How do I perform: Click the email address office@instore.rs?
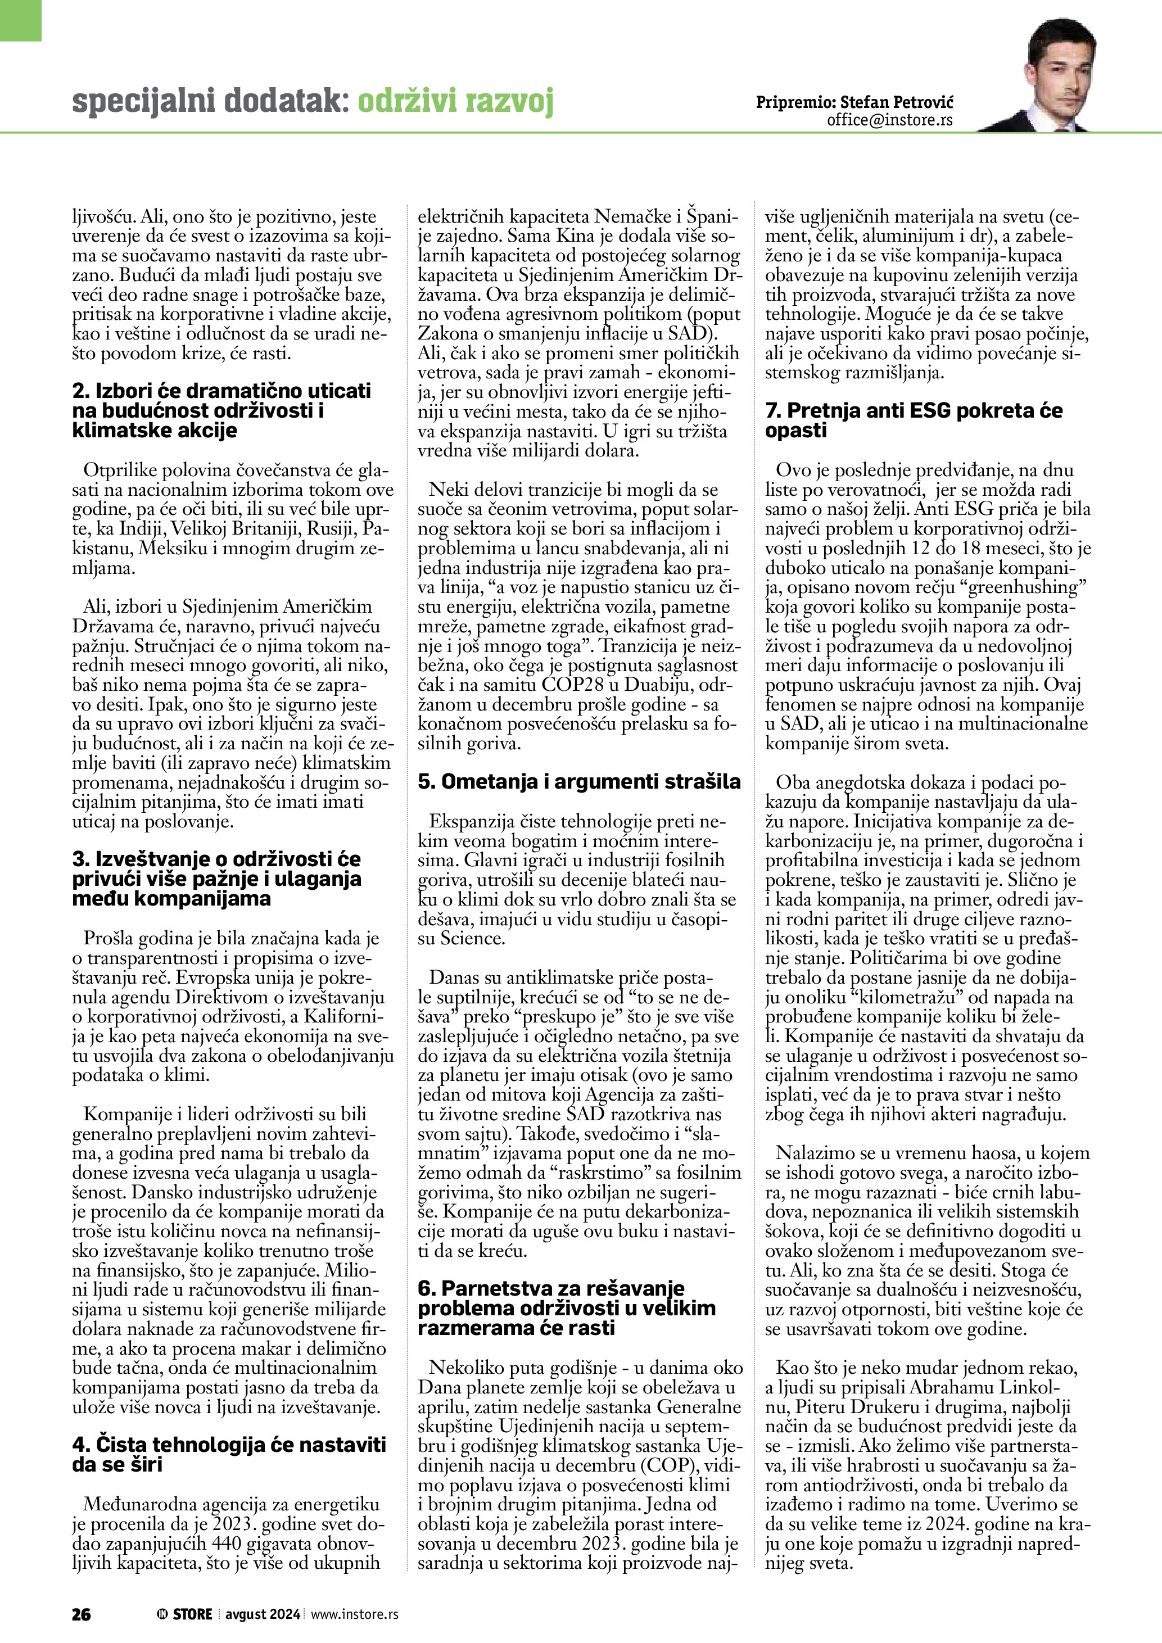889,120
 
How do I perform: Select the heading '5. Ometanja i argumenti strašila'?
579,782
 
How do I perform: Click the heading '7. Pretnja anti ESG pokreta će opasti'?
914,420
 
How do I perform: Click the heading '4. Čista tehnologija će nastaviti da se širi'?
229,1454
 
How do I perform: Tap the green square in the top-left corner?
21,20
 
